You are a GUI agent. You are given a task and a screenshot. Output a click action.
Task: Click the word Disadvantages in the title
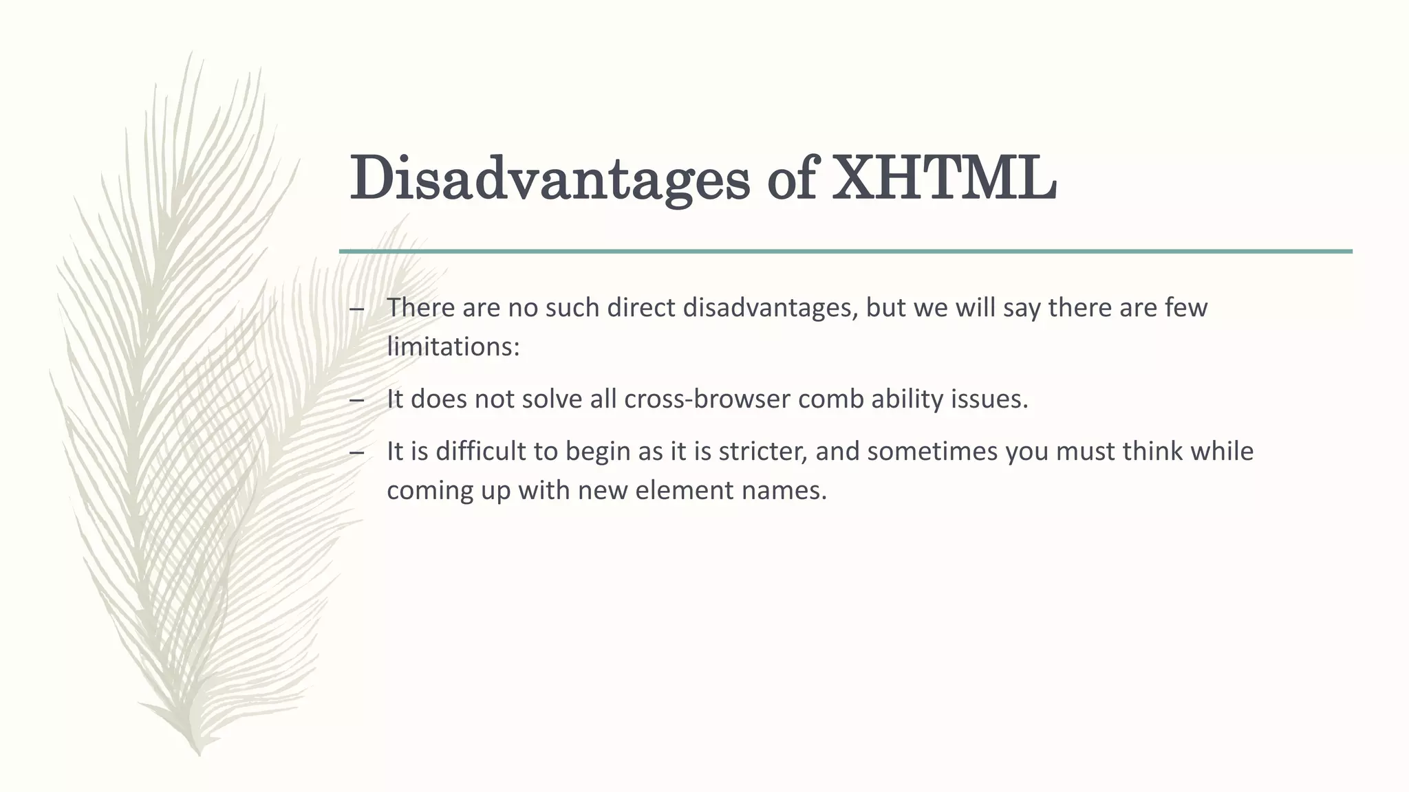tap(549, 179)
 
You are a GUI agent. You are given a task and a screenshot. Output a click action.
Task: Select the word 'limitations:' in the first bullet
tap(453, 346)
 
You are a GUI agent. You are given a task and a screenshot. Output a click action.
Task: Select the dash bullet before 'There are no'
tap(356, 309)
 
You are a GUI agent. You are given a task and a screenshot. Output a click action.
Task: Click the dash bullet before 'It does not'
tap(356, 400)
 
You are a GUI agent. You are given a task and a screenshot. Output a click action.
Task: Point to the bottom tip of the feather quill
tap(199, 753)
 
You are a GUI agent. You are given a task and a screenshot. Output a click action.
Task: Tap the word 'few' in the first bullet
tap(1186, 307)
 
